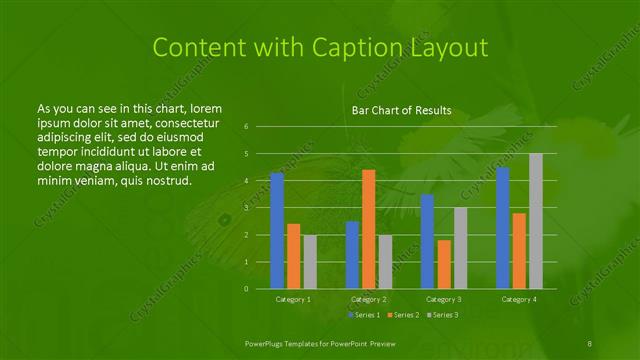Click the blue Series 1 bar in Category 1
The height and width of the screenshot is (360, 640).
click(x=277, y=231)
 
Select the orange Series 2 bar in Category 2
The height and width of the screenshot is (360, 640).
click(x=368, y=229)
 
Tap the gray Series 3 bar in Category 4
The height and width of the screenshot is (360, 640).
click(x=535, y=221)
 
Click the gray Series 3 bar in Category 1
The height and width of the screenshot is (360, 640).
click(x=310, y=262)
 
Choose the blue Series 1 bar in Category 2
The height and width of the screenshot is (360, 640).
click(x=352, y=255)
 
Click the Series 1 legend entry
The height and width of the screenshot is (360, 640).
click(x=364, y=315)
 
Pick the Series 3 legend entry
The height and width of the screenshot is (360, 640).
click(x=441, y=315)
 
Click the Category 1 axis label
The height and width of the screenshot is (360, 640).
click(x=293, y=299)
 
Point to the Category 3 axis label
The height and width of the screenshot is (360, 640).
click(x=443, y=299)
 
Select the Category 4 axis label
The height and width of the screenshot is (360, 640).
click(x=518, y=299)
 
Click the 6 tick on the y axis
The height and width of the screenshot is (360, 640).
click(x=246, y=127)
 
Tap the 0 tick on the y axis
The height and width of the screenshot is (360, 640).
click(x=246, y=289)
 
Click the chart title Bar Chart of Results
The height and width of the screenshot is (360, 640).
click(x=401, y=110)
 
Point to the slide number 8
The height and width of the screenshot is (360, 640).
click(x=590, y=343)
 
